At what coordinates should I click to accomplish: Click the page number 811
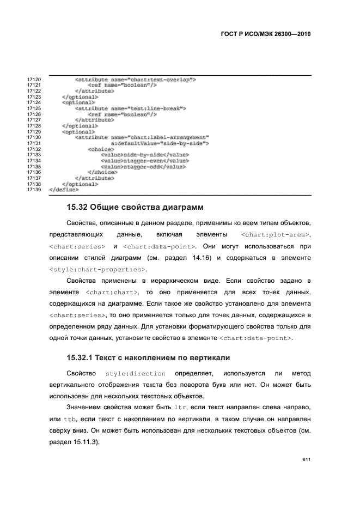[307, 460]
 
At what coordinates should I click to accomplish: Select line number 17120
[34, 80]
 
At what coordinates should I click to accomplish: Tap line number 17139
[34, 190]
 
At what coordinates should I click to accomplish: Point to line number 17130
[34, 137]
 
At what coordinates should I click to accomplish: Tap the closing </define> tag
[64, 190]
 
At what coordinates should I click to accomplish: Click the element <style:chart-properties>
[97, 269]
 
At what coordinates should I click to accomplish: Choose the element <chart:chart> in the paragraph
[112, 293]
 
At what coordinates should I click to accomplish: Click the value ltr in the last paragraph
[180, 408]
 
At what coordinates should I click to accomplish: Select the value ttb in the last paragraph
[70, 420]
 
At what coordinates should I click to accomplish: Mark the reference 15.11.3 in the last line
[83, 442]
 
